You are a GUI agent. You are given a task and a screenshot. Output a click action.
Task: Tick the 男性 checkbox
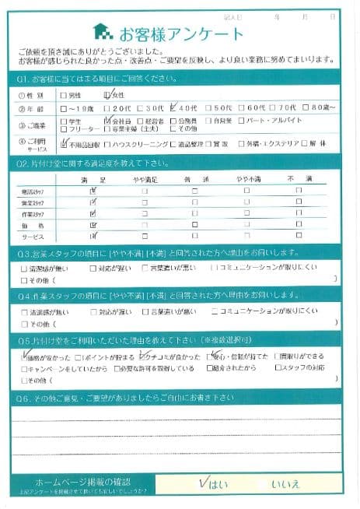62,95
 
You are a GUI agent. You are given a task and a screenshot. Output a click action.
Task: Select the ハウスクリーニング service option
140,144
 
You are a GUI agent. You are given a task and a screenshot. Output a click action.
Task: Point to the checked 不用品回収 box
64,144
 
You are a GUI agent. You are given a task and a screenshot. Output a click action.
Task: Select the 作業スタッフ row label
32,212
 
